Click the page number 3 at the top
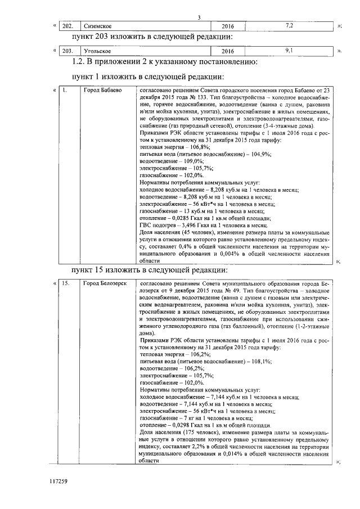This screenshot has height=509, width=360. [x=199, y=17]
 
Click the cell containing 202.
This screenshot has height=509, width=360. [x=67, y=26]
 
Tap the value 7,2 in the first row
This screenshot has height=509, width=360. [x=289, y=26]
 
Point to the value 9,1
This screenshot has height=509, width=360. [x=289, y=51]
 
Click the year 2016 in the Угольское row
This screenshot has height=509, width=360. [x=228, y=51]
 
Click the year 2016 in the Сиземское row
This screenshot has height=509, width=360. [x=228, y=26]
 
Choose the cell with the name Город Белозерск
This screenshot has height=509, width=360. [x=105, y=283]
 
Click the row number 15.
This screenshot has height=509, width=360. [x=66, y=283]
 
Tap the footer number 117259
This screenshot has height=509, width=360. [x=58, y=481]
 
